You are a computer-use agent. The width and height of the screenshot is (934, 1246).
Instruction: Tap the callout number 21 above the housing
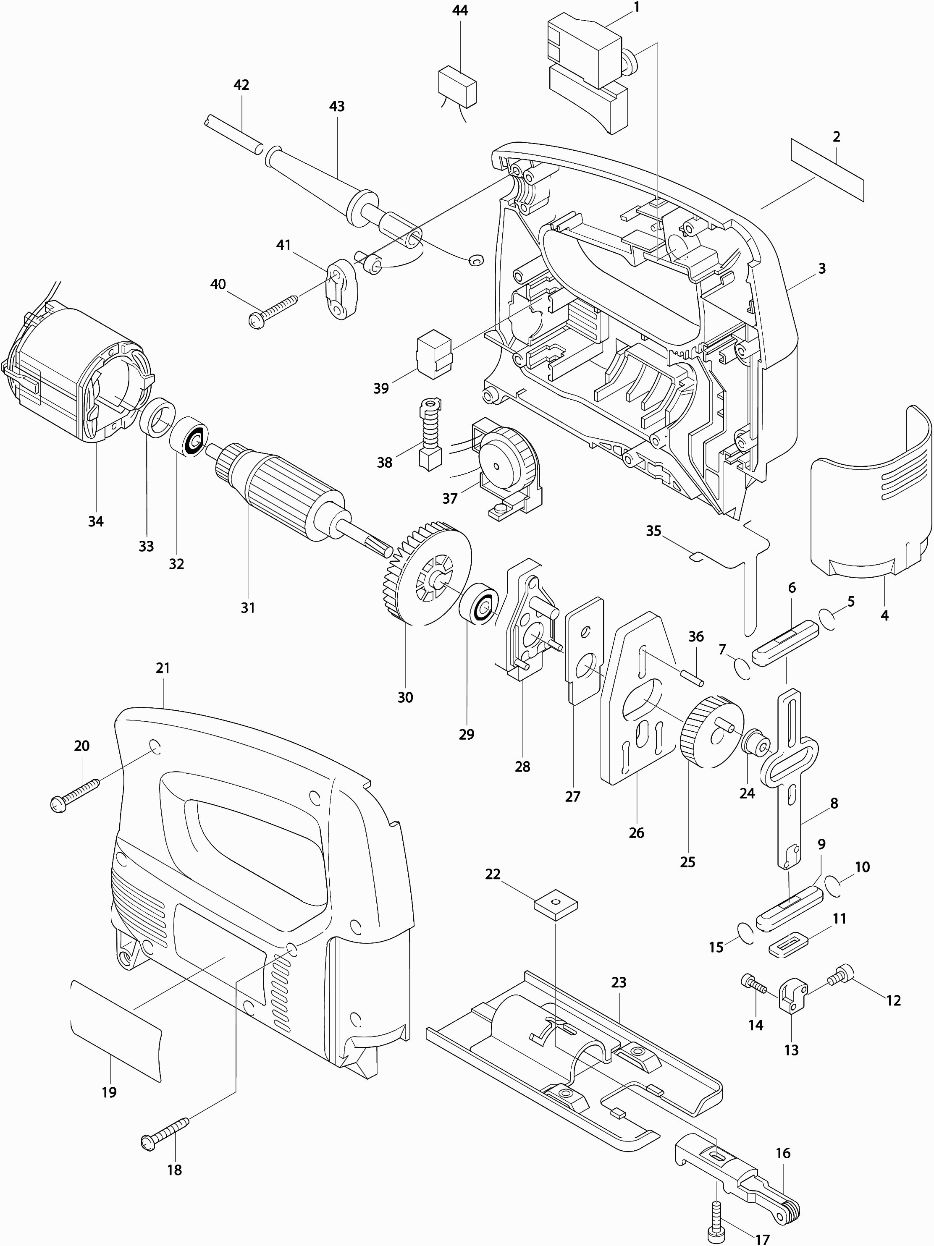[x=163, y=668]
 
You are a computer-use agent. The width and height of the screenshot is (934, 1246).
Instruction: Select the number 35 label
[x=653, y=531]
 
